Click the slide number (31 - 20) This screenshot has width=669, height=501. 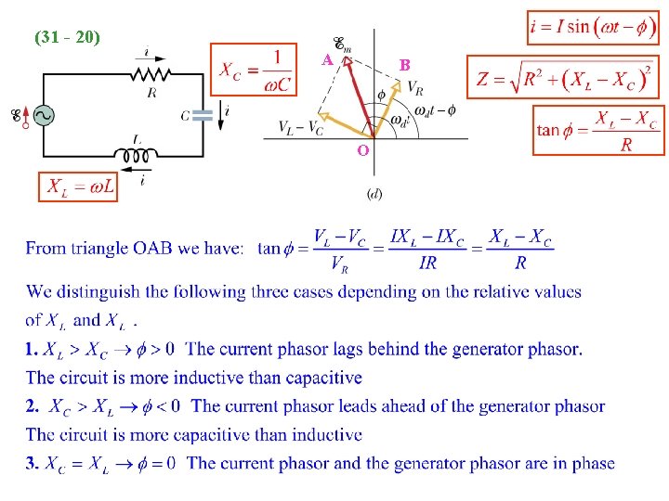pyautogui.click(x=67, y=38)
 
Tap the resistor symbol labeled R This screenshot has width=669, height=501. pyautogui.click(x=150, y=73)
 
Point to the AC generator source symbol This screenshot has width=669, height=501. pyautogui.click(x=43, y=115)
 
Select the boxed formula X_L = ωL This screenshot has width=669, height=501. pyautogui.click(x=78, y=186)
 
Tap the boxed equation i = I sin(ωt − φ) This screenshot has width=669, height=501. pyautogui.click(x=592, y=26)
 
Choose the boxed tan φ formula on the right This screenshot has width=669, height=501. pyautogui.click(x=598, y=131)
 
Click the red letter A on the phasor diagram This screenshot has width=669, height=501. pyautogui.click(x=327, y=59)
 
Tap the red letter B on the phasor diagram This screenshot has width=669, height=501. pyautogui.click(x=404, y=66)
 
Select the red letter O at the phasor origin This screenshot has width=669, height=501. pyautogui.click(x=362, y=149)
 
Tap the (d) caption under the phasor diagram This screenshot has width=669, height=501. pyautogui.click(x=374, y=193)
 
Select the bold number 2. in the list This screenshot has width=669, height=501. pyautogui.click(x=33, y=406)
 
